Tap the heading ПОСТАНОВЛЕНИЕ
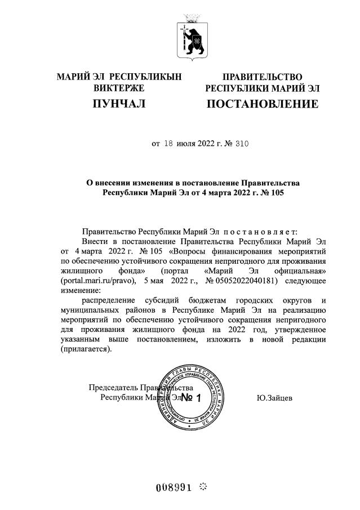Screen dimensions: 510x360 click(262, 104)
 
